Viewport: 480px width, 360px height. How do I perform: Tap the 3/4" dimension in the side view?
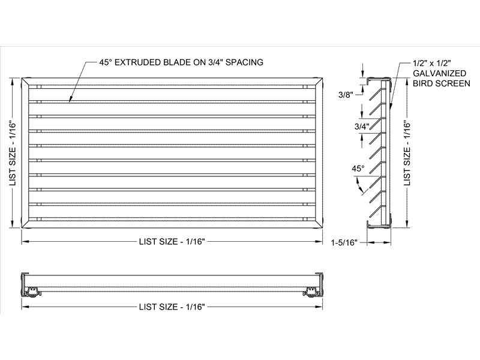coord(345,127)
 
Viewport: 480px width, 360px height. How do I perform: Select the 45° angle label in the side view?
coord(358,169)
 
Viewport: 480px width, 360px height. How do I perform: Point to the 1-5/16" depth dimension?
coord(344,242)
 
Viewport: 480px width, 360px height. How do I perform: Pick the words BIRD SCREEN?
coord(441,83)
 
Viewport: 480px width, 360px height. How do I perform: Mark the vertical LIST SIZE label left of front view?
coord(13,154)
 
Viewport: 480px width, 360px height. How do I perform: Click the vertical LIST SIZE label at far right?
coord(407,153)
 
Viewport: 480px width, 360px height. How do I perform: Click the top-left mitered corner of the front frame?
coord(26,80)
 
